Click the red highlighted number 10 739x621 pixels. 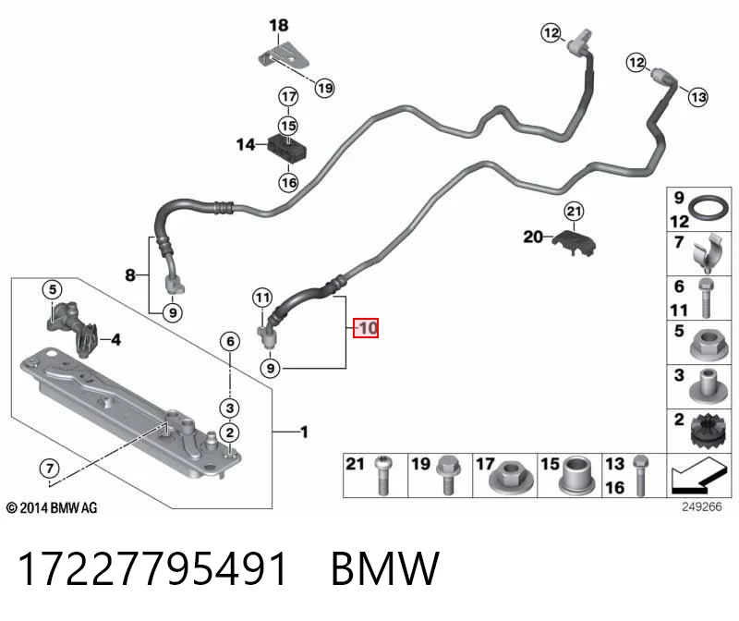click(x=366, y=328)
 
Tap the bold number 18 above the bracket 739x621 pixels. click(x=279, y=26)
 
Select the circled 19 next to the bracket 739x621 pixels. click(x=325, y=88)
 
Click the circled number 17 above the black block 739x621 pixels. click(x=288, y=97)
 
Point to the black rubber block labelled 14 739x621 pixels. click(x=287, y=148)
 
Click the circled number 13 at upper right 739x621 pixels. click(x=697, y=97)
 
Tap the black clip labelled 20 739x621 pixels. click(x=575, y=242)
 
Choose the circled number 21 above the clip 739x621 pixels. click(x=574, y=211)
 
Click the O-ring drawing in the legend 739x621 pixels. click(x=709, y=209)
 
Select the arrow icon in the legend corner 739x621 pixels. click(x=698, y=476)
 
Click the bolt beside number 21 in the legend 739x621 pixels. click(x=383, y=476)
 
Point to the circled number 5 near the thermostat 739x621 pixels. click(x=53, y=289)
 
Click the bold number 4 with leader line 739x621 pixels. click(x=115, y=339)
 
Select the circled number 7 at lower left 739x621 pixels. click(x=50, y=469)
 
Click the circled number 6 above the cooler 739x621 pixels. click(x=230, y=341)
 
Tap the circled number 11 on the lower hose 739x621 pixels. click(x=262, y=298)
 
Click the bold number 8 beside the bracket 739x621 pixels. click(x=130, y=274)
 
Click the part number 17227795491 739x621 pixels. click(x=152, y=568)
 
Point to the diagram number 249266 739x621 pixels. click(x=702, y=507)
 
